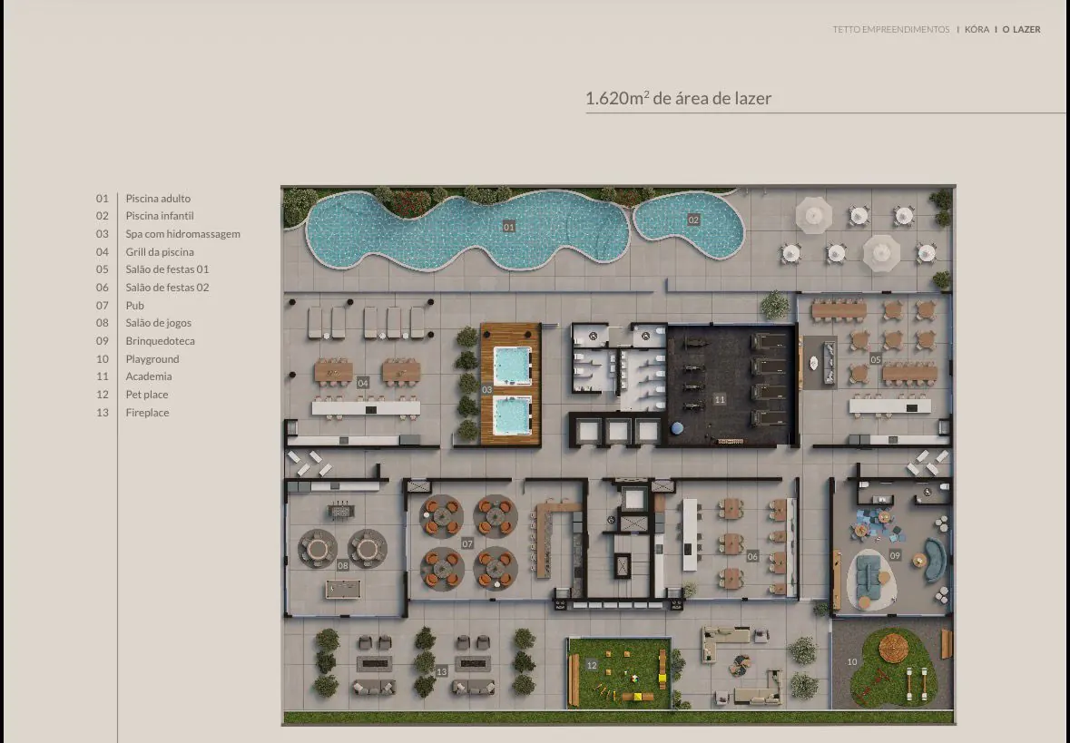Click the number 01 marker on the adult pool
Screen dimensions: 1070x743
(x=508, y=227)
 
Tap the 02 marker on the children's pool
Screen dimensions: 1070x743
(x=693, y=220)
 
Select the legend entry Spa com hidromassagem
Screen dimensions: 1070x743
(x=183, y=234)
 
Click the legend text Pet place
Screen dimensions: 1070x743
(x=147, y=395)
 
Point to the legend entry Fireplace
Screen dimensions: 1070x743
(x=147, y=412)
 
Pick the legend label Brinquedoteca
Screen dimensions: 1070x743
(x=161, y=340)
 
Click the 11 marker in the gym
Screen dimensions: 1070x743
(x=720, y=399)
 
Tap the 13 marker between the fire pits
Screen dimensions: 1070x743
(x=441, y=671)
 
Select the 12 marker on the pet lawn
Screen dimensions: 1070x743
(x=592, y=665)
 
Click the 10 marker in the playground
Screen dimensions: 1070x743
(x=851, y=662)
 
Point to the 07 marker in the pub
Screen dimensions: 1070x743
(x=466, y=543)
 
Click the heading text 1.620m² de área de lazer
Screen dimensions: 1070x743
(x=678, y=98)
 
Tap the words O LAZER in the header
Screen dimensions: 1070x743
(x=1022, y=29)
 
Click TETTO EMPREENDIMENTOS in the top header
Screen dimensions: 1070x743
(x=891, y=29)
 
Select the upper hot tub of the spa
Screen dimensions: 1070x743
(x=513, y=366)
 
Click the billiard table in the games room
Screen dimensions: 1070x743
(x=343, y=590)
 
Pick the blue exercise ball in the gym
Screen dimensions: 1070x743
(x=677, y=428)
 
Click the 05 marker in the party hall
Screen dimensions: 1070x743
(x=876, y=359)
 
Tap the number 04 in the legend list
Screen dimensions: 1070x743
(x=103, y=252)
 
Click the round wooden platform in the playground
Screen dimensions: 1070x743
(x=893, y=648)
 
